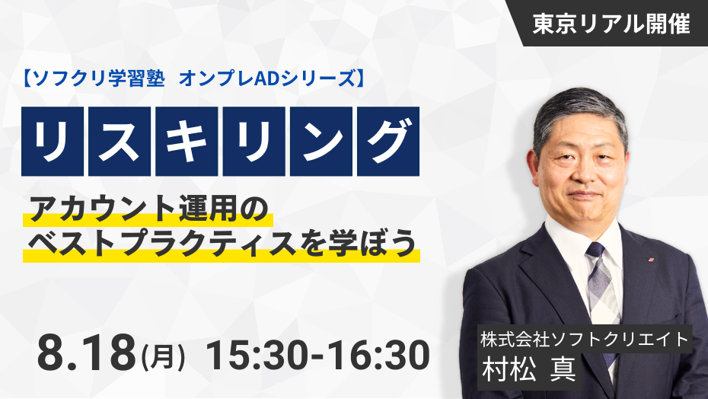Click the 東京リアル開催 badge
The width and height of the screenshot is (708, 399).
pos(611,24)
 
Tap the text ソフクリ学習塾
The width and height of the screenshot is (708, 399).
pos(98,79)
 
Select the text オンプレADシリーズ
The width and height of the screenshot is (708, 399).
pos(267,79)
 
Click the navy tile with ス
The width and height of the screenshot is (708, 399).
pos(120,141)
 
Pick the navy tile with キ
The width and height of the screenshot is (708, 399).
pos(187,141)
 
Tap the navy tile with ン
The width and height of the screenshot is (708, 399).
pos(321,141)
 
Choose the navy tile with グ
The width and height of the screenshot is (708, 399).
pos(387,141)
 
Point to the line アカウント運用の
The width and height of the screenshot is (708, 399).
pos(148,209)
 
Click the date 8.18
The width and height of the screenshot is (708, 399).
pos(86,354)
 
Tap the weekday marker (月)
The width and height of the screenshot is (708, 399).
pos(164,356)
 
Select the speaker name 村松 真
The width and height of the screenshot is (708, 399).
pos(529,369)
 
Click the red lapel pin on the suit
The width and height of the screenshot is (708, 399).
pos(651,260)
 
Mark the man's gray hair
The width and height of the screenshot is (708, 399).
pos(580,113)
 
